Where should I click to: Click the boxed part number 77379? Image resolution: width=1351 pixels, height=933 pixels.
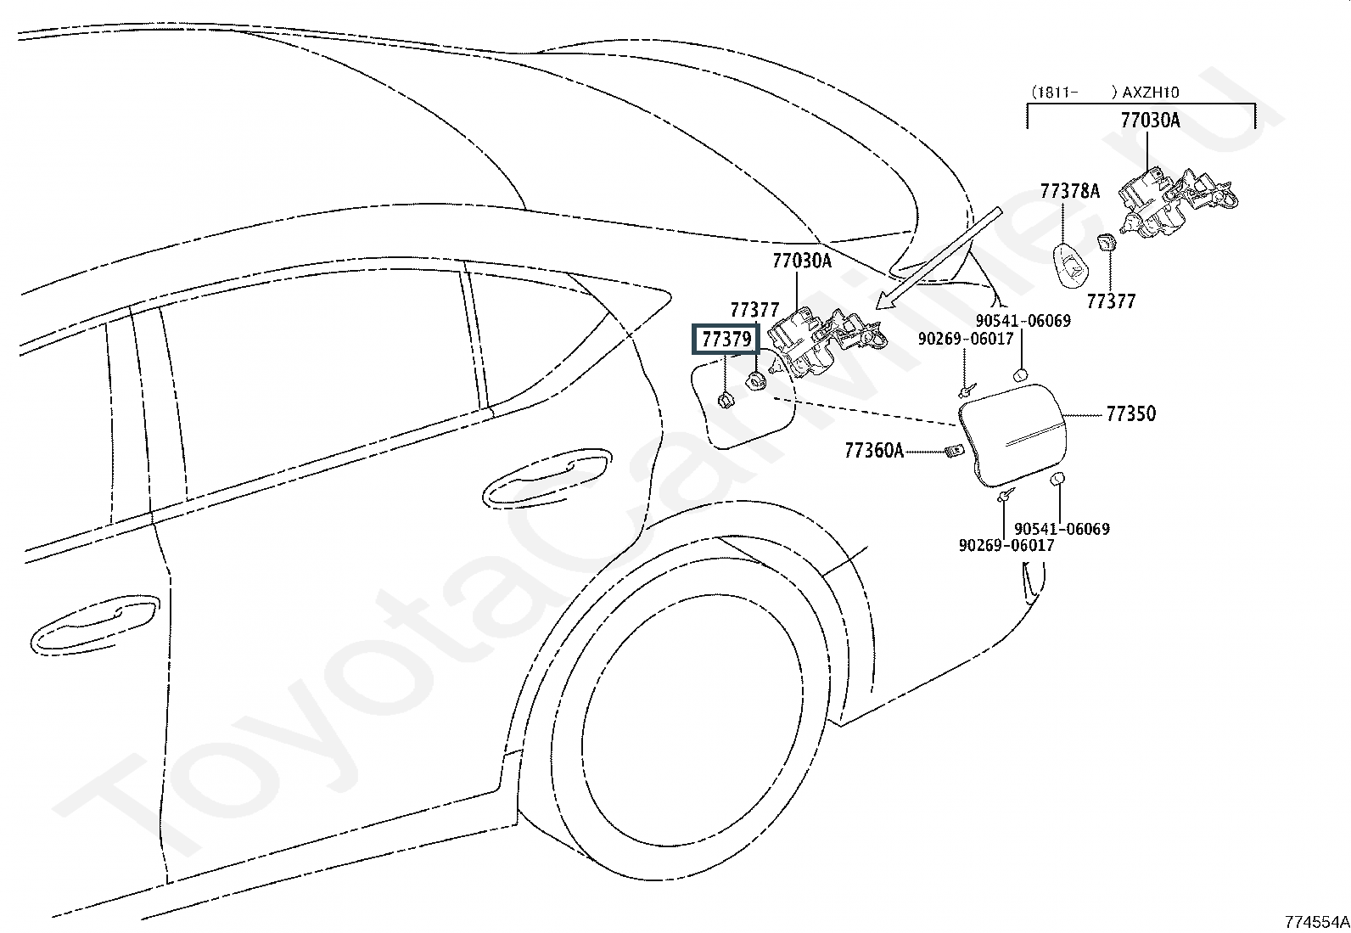[x=726, y=340]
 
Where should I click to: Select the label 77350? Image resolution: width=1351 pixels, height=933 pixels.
[x=1131, y=414]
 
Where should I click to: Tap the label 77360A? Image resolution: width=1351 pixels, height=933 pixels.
[x=874, y=450]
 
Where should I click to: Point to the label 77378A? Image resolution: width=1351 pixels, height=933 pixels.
[x=1070, y=191]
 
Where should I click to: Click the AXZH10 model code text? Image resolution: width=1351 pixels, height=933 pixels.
[x=1150, y=93]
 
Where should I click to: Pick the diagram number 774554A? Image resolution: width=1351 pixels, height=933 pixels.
[x=1317, y=922]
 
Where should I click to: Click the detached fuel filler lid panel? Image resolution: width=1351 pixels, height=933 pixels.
[x=1012, y=436]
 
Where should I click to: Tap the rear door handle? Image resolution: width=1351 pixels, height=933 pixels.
[x=547, y=477]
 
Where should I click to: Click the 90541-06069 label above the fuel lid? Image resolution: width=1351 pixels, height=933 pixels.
[x=1023, y=320]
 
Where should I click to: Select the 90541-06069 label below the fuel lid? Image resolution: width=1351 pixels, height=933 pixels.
[x=1062, y=529]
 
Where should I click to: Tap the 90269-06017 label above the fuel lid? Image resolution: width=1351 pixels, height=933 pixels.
[x=966, y=339]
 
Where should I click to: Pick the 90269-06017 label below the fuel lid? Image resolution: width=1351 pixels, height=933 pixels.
[x=1006, y=545]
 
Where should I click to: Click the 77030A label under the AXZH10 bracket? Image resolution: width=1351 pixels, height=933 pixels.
[x=1150, y=120]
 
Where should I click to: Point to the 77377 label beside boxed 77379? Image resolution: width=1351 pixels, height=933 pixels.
[x=754, y=310]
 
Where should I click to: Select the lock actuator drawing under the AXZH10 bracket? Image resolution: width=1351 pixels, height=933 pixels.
[x=1176, y=202]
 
